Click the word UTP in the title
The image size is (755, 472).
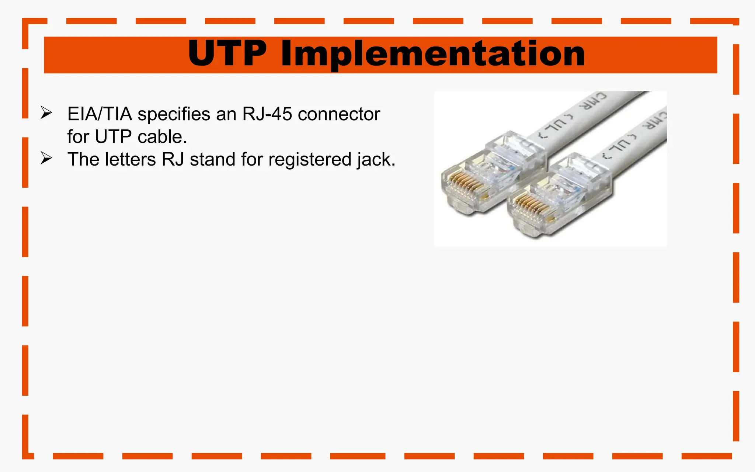(227, 54)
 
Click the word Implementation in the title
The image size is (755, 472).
(432, 55)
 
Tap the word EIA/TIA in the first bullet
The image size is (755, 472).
(100, 114)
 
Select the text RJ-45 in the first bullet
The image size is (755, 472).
(267, 114)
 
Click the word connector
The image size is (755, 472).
(339, 114)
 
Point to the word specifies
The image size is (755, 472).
(174, 114)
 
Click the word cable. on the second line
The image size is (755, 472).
(162, 137)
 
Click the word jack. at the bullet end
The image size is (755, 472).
(376, 160)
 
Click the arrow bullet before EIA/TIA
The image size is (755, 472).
(46, 113)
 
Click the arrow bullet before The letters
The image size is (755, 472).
(46, 158)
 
